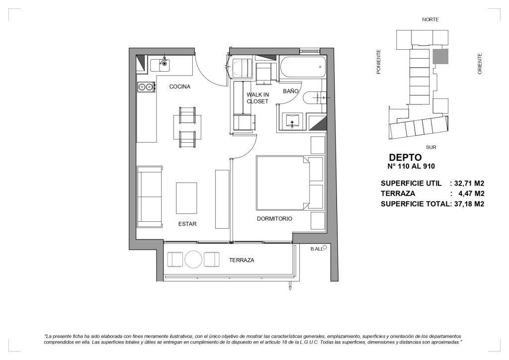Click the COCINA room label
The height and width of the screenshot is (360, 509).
[180, 87]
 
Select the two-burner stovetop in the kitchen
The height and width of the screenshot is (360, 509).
[146, 87]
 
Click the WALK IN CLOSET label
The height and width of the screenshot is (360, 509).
[258, 98]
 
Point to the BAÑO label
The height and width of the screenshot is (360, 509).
[290, 91]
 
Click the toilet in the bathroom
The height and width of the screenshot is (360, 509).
[314, 97]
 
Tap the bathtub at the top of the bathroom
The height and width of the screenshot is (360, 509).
[302, 67]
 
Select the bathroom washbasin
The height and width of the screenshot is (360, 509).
[292, 122]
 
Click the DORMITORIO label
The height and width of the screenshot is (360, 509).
[274, 219]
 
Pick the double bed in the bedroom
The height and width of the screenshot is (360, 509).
[290, 183]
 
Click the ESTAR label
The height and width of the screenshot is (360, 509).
[187, 224]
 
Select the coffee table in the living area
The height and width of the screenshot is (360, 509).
[186, 198]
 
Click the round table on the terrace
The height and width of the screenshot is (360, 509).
[193, 260]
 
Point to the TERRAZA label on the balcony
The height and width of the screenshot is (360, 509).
[242, 261]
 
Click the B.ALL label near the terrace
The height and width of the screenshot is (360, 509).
[317, 249]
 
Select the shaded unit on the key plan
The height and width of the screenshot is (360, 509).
[440, 57]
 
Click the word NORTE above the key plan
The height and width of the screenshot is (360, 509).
[430, 19]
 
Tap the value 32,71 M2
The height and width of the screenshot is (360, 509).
[469, 183]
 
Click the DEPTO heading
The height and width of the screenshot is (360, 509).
[405, 158]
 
